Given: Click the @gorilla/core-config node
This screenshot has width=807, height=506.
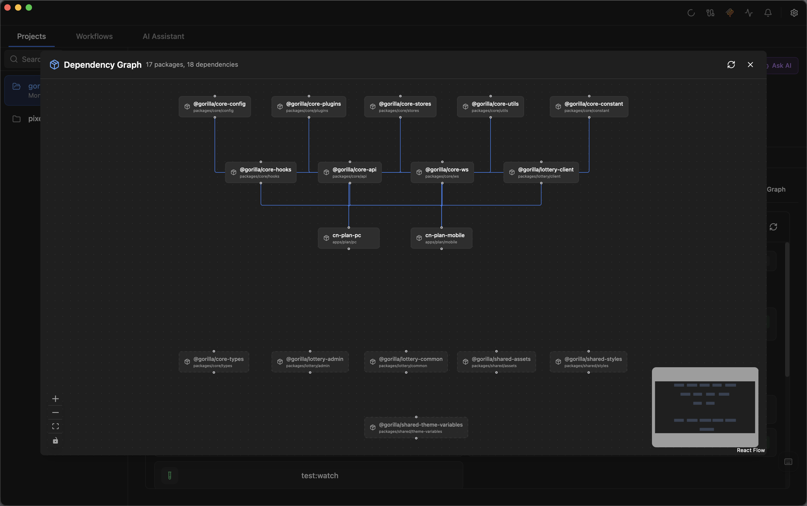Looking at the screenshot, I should point(215,107).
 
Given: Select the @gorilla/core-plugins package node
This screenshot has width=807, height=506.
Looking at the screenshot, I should point(309,107).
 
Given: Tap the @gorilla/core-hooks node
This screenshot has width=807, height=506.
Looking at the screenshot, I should point(261,172).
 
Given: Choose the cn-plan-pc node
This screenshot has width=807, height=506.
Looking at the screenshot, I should point(349,238).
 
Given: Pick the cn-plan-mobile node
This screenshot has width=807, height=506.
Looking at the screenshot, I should point(441,238).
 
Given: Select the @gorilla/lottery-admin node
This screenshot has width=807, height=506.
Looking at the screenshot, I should point(310,362).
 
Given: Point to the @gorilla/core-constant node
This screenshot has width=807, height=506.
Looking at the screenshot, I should point(589,107).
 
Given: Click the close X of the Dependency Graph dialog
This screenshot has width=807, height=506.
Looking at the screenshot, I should point(750,65).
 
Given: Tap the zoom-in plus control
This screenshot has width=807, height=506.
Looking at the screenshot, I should point(56,398).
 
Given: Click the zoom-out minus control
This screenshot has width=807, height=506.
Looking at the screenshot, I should point(56,413).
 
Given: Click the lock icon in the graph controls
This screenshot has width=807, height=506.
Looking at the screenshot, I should point(56,440).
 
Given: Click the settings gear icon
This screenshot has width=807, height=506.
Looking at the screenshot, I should point(794,13).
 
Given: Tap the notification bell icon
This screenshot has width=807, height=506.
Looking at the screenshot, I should point(768,13).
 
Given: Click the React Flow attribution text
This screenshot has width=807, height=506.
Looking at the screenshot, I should point(750,450).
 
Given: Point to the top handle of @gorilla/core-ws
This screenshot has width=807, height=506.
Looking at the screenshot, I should point(442,162).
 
